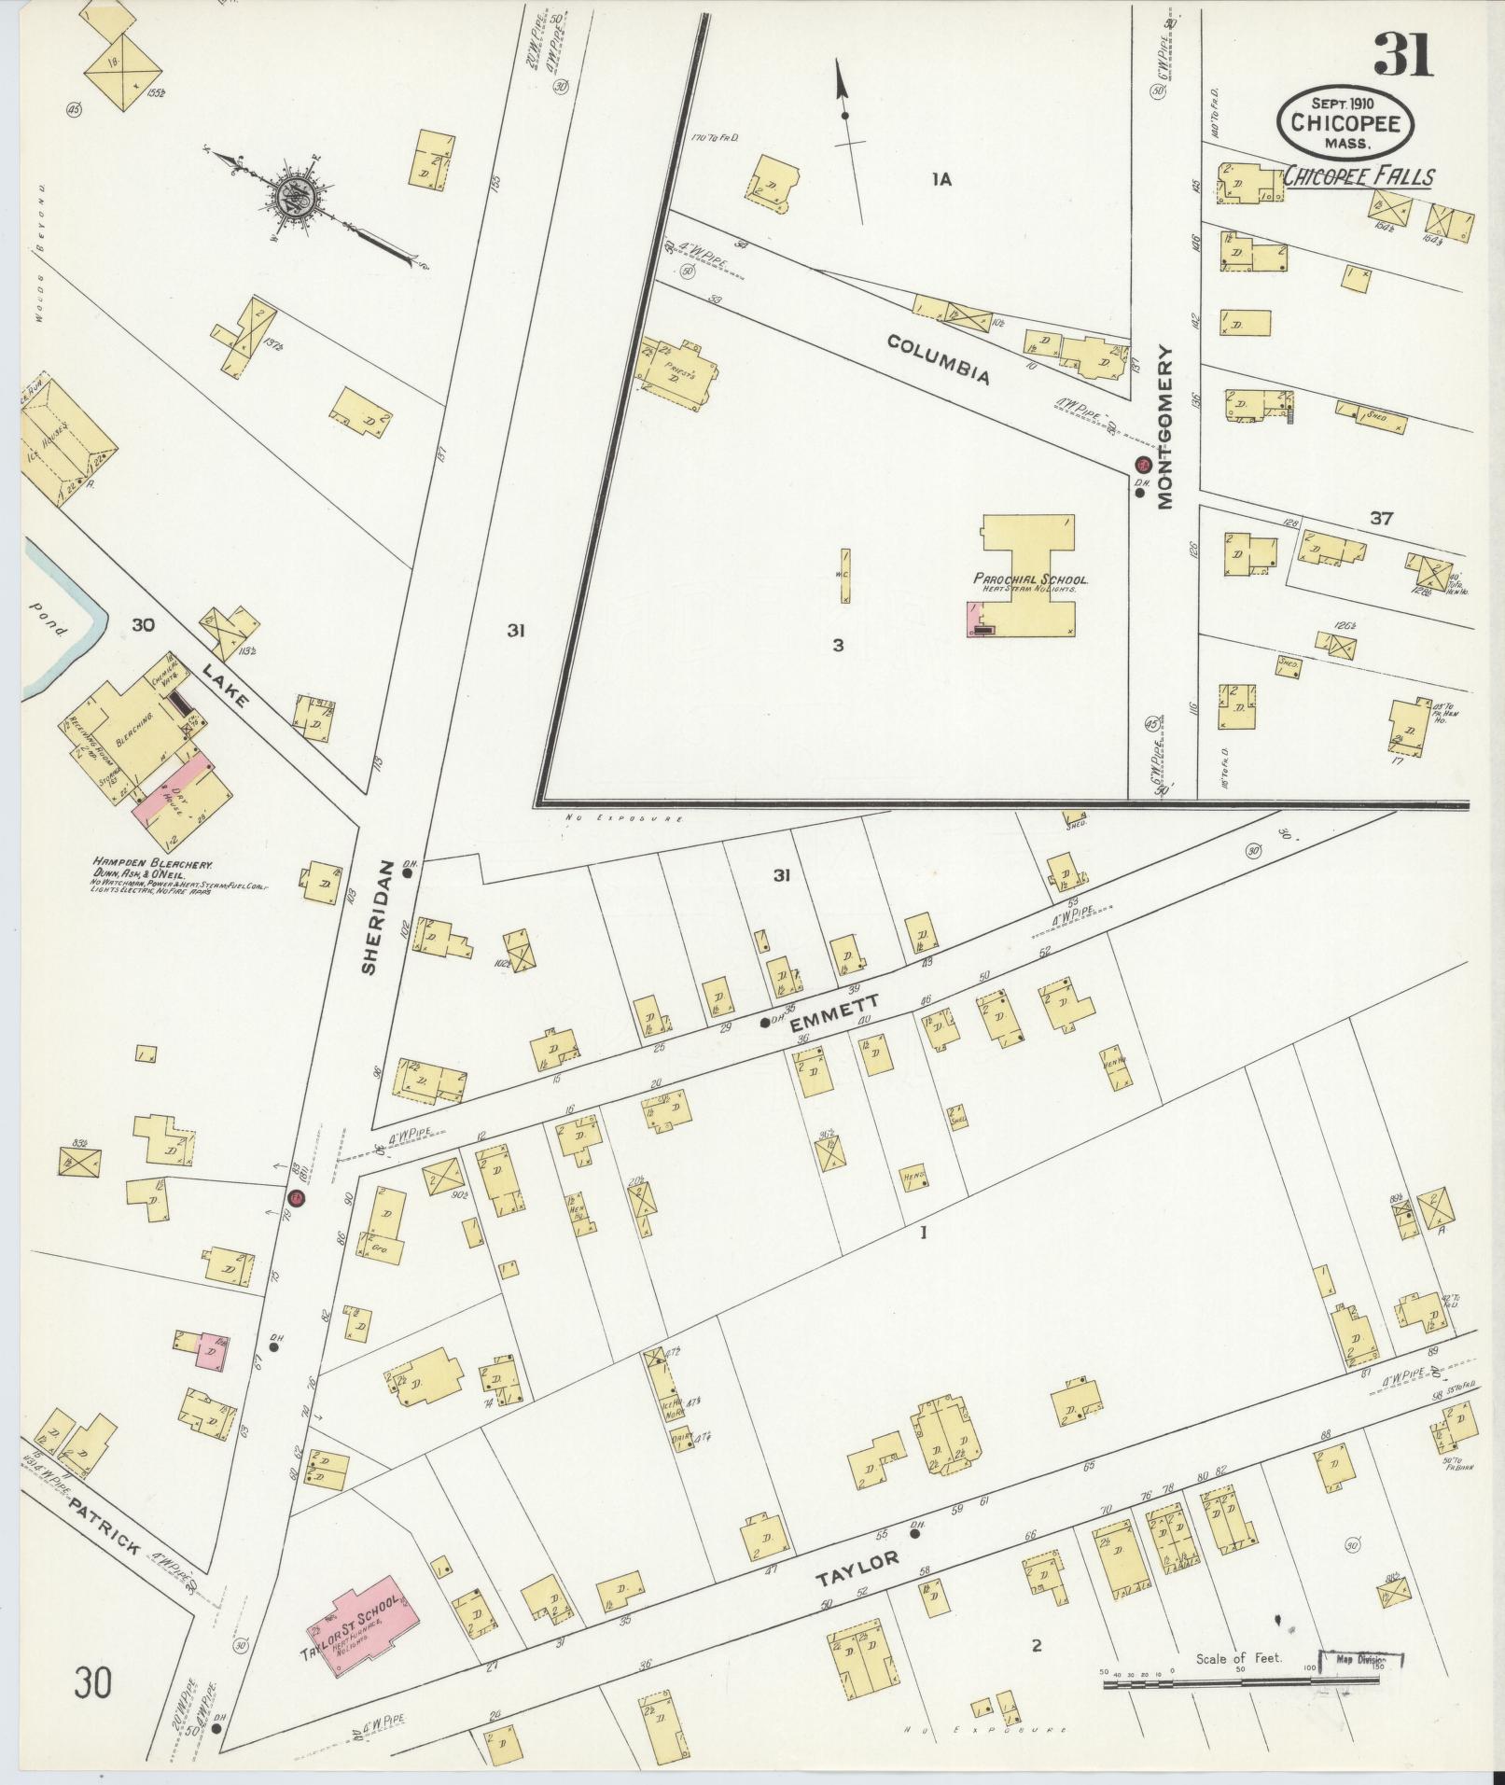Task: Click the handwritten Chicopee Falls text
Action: pos(1359,175)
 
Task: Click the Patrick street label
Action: pos(105,1527)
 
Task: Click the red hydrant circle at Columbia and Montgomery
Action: pos(1141,464)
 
